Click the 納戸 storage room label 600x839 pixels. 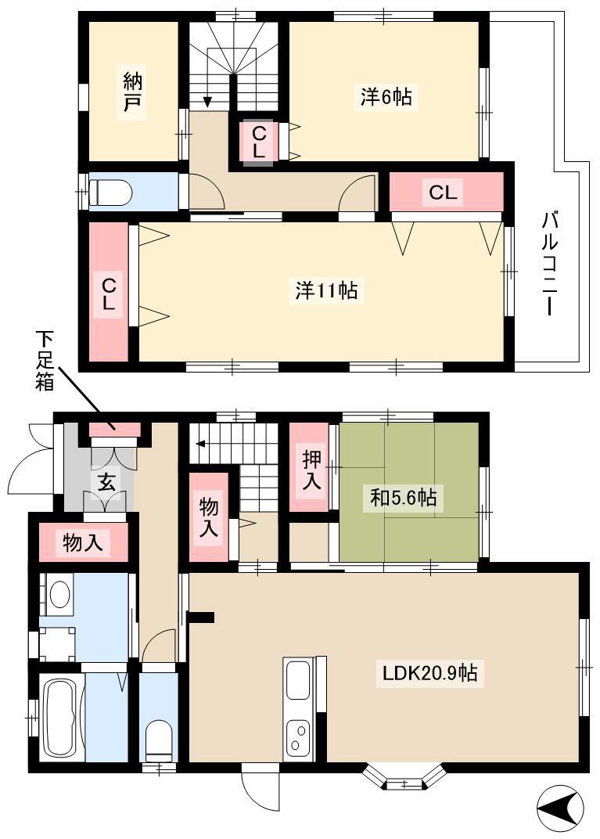133,92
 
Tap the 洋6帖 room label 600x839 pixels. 386,97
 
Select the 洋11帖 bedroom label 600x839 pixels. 326,290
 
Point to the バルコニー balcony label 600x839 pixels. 550,263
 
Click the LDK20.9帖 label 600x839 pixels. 429,672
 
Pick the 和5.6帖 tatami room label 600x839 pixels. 404,497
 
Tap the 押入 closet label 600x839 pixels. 311,470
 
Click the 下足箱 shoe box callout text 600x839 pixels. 45,360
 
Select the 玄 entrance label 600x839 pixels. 106,483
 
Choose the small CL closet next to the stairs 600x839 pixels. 258,142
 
